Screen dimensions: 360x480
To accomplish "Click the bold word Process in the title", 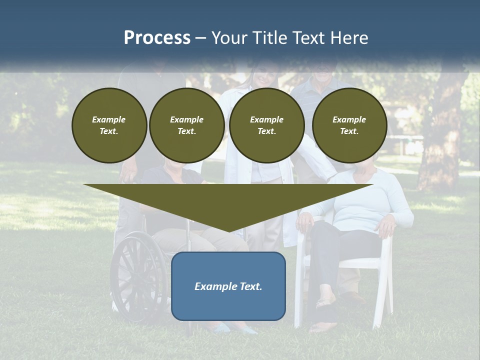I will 157,38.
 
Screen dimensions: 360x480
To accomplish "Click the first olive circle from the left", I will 109,125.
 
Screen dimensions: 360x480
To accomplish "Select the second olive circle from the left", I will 186,125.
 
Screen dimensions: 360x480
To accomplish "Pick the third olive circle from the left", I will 266,125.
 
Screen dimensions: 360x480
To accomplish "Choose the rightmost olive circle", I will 349,125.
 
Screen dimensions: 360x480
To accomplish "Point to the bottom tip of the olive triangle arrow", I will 228,230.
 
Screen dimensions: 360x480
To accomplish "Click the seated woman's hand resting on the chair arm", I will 386,227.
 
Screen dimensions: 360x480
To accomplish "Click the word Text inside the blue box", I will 250,286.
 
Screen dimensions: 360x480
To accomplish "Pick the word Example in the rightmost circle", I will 349,119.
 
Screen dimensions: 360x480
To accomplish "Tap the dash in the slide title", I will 200,38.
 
